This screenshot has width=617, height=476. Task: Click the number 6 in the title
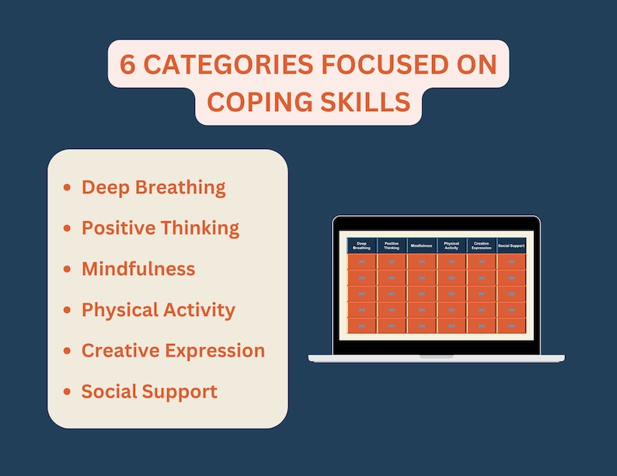[128, 64]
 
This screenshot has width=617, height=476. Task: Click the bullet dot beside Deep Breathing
[67, 188]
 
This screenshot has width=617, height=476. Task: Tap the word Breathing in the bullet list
[185, 188]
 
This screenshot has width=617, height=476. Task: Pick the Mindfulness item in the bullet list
[138, 269]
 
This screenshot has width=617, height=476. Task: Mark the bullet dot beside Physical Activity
[67, 311]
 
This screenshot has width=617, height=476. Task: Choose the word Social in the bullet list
[108, 391]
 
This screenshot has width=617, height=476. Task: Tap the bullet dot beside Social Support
[67, 392]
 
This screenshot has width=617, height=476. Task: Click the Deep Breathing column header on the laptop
[362, 245]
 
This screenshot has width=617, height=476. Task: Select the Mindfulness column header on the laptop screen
[422, 245]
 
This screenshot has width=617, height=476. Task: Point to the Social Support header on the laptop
[512, 245]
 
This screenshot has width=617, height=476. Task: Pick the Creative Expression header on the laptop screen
[482, 245]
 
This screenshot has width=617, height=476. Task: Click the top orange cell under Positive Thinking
[392, 262]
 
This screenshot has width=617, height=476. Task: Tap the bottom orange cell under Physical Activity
[451, 326]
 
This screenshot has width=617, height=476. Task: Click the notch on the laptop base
[436, 356]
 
